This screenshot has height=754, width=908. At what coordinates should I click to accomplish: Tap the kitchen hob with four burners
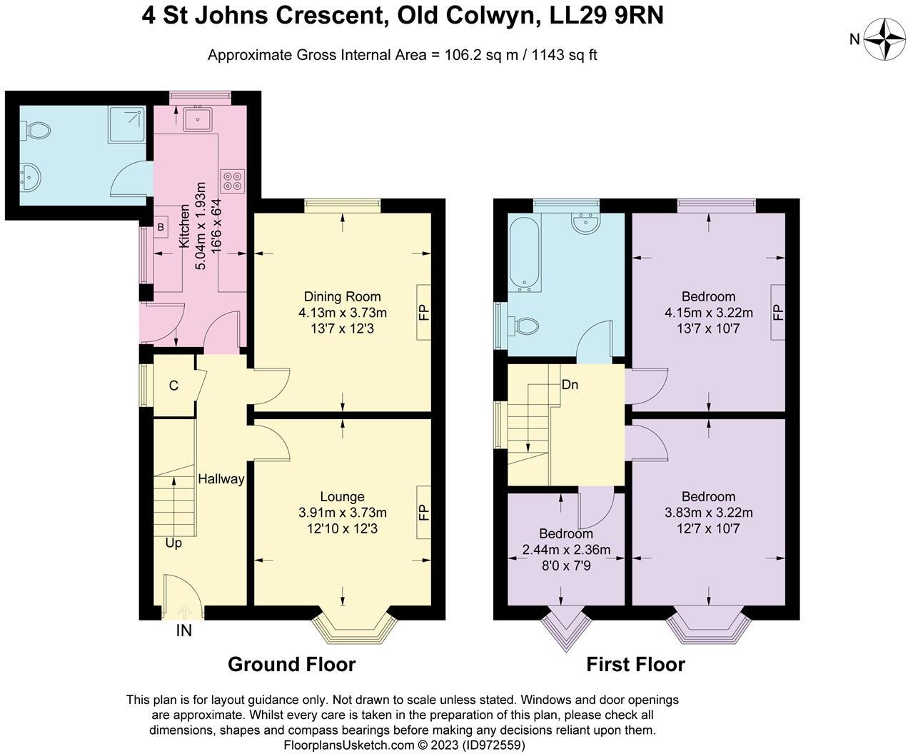[233, 181]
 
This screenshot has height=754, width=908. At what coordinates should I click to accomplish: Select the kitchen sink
[198, 118]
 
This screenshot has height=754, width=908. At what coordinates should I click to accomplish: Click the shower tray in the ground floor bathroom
[127, 125]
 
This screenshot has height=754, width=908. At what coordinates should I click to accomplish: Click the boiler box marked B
[161, 227]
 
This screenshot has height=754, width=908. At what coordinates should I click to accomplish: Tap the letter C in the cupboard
[173, 386]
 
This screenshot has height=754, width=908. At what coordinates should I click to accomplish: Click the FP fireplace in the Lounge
[424, 512]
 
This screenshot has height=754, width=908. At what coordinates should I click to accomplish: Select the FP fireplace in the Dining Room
[424, 312]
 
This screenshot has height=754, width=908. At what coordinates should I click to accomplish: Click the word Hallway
[221, 479]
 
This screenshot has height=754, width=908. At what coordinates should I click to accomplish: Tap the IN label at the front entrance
[184, 630]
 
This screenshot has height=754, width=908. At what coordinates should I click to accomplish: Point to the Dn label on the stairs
[570, 385]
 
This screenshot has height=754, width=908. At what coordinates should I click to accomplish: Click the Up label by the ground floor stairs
[173, 543]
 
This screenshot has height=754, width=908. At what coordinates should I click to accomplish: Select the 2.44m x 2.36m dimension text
[566, 550]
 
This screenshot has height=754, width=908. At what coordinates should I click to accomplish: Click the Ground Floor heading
[291, 664]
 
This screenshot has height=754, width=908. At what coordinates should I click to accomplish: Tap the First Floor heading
[635, 664]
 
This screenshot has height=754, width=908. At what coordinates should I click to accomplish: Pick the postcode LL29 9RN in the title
[607, 16]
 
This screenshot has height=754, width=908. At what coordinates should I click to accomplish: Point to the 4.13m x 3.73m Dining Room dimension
[342, 313]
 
